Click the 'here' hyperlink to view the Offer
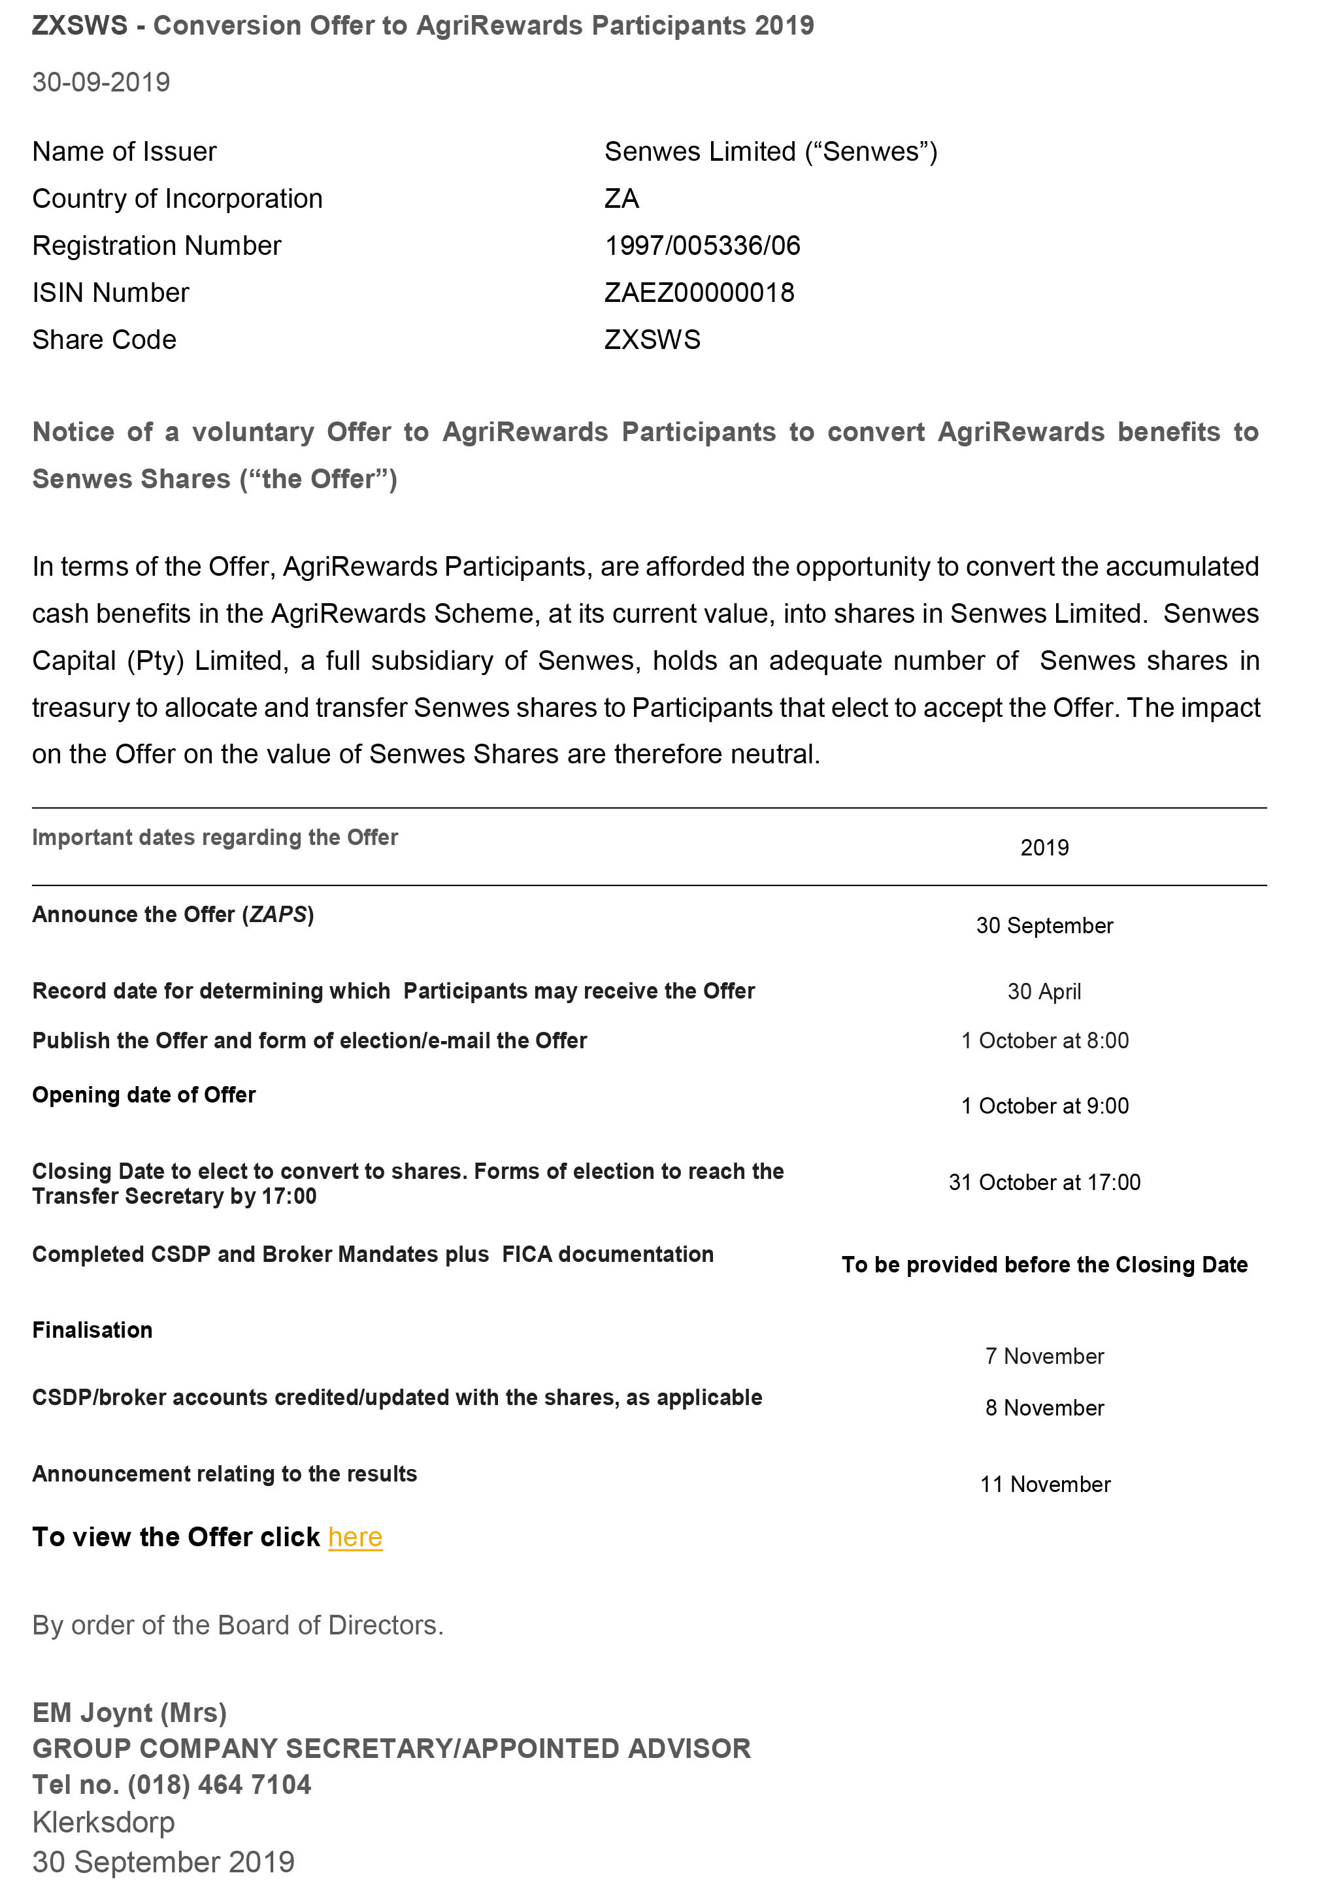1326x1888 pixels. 355,1537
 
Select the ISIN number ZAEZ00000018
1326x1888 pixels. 699,293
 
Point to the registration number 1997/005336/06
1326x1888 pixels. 702,246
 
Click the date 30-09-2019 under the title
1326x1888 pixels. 101,82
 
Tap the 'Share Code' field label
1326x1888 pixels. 105,340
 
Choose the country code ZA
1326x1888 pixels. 622,199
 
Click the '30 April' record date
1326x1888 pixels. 1044,991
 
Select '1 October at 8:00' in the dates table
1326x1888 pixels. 1045,1041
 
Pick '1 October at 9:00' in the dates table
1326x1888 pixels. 1045,1106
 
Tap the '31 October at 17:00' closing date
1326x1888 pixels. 1045,1182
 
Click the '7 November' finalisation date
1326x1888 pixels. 1045,1356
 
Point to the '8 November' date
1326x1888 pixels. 1045,1408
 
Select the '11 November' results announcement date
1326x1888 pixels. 1045,1484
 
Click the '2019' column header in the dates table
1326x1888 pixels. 1045,848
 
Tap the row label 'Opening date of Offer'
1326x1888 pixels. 144,1095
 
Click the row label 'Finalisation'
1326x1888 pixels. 92,1331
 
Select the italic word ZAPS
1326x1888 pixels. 278,914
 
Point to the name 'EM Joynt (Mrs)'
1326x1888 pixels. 129,1713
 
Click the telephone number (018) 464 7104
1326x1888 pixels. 220,1784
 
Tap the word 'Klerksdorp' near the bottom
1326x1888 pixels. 103,1822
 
